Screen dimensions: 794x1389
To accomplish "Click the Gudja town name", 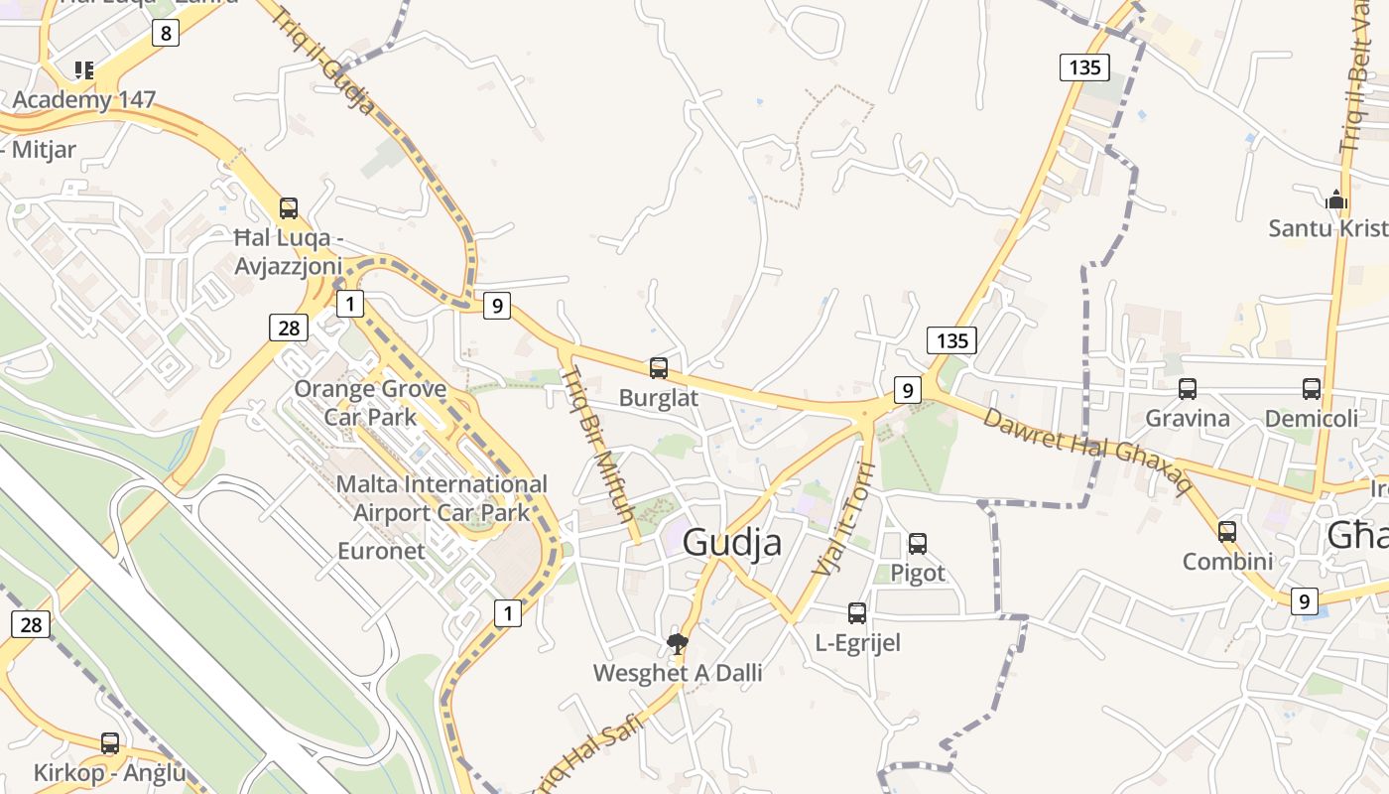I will click(x=732, y=543).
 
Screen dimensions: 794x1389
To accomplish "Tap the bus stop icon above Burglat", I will click(x=659, y=368).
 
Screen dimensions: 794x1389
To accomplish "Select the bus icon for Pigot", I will click(x=918, y=543).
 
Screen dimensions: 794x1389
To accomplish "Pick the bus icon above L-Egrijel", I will click(x=857, y=612).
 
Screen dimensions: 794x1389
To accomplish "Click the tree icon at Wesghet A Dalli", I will click(x=678, y=644).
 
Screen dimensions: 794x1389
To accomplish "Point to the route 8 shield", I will click(x=165, y=34).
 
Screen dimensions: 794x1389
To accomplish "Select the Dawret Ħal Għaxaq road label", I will click(x=1086, y=449).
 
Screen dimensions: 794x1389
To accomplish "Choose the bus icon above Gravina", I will click(x=1188, y=388).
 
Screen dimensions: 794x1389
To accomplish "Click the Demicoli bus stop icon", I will click(x=1312, y=388).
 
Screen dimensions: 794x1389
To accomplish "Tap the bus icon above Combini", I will click(x=1227, y=531).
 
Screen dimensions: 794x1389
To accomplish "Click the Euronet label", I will click(x=381, y=551).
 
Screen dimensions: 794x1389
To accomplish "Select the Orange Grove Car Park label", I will click(x=370, y=402).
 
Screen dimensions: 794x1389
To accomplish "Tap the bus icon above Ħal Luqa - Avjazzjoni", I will click(x=289, y=208).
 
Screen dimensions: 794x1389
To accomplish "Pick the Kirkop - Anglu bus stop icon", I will click(x=110, y=742).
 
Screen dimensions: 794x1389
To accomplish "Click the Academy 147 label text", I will click(x=84, y=99).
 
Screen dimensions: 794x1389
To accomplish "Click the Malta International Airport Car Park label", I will click(x=442, y=498).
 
